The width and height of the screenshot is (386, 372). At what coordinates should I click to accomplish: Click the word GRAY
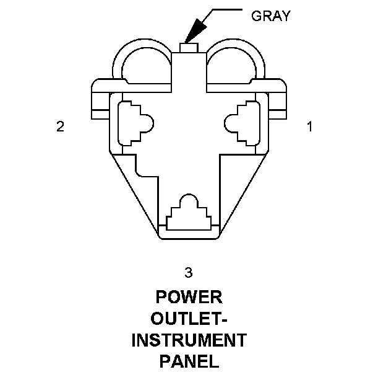pyautogui.click(x=270, y=15)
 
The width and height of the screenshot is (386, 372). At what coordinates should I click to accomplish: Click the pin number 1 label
pyautogui.click(x=309, y=126)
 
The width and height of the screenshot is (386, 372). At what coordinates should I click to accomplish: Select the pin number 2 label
pyautogui.click(x=60, y=126)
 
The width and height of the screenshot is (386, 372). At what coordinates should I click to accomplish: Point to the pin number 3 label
pyautogui.click(x=189, y=272)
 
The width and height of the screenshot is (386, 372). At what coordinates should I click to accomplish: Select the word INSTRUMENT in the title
pyautogui.click(x=189, y=340)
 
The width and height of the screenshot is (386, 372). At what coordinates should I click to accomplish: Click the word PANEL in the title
pyautogui.click(x=189, y=361)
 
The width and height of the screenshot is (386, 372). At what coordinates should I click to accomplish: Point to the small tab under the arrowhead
pyautogui.click(x=188, y=48)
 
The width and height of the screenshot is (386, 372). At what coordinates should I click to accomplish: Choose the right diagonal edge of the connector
pyautogui.click(x=244, y=192)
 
